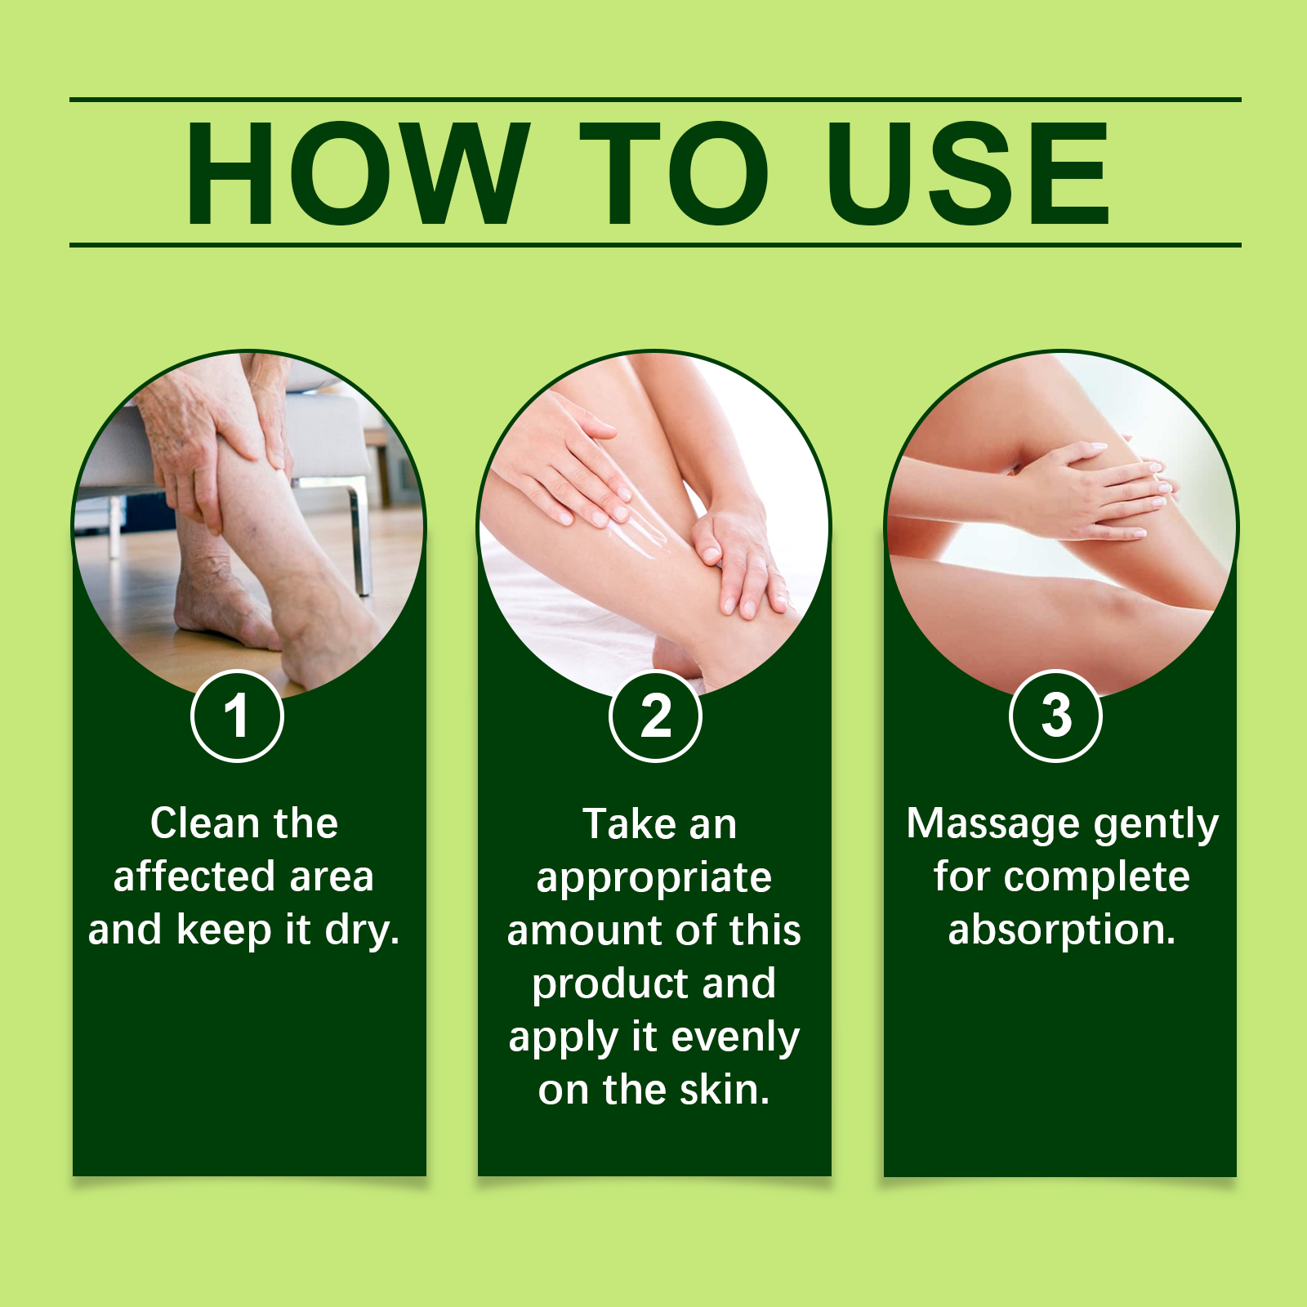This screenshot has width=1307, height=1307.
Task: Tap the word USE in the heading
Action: [968, 172]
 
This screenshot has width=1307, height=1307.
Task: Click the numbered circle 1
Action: [237, 716]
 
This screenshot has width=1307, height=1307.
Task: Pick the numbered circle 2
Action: [655, 716]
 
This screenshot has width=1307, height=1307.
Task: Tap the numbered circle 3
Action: [1055, 716]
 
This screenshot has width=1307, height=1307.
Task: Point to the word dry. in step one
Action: [362, 930]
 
